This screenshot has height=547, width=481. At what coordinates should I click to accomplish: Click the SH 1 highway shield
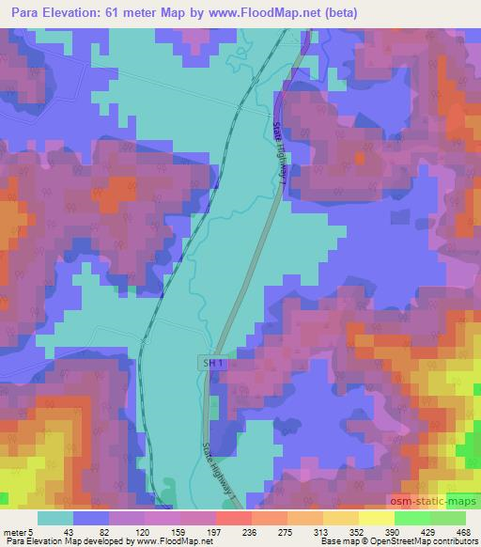[213, 361]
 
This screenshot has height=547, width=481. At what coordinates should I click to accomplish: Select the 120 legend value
[144, 531]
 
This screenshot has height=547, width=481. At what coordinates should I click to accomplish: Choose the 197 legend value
[215, 531]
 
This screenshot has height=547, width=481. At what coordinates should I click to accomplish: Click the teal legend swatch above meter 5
[54, 518]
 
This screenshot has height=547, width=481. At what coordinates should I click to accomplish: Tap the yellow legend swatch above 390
[376, 518]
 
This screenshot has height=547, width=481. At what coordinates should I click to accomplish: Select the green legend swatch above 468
[448, 518]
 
